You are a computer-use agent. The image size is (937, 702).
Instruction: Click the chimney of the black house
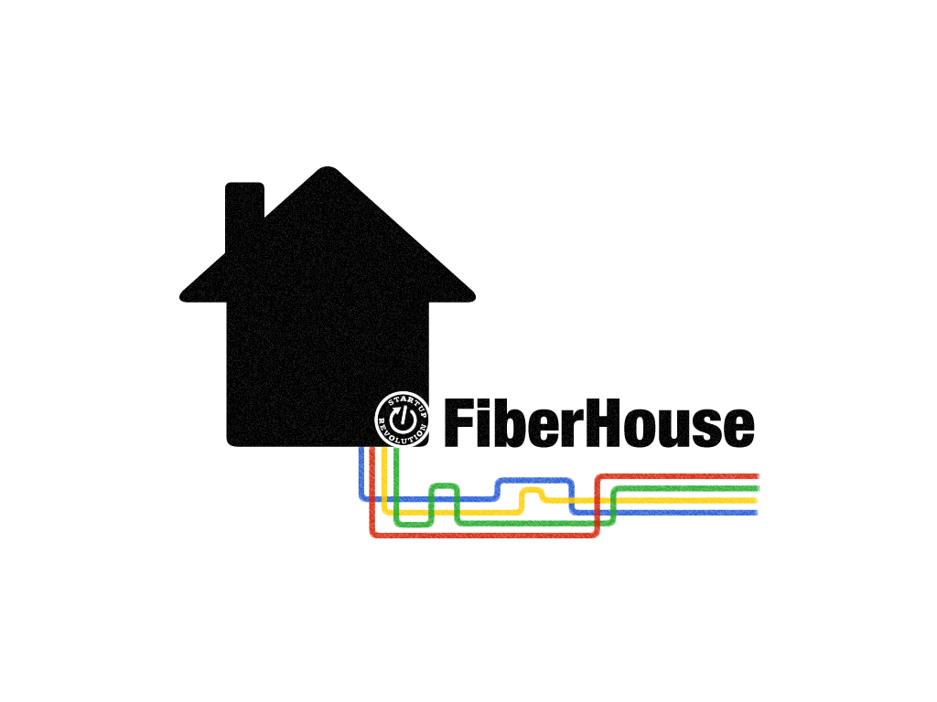point(244,208)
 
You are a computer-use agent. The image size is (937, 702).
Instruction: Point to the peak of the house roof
point(326,170)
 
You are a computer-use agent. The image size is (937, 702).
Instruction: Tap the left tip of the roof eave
point(184,294)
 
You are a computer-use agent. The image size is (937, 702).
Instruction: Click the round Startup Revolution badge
point(403,420)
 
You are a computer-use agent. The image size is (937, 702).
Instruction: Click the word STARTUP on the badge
point(407,403)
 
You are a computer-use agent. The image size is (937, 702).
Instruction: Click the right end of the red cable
point(757,476)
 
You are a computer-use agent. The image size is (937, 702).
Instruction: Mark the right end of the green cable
point(757,488)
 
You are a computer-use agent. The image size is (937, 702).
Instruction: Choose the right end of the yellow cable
point(757,500)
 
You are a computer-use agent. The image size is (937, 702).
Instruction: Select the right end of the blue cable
point(757,512)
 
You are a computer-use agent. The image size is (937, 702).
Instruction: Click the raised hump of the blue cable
point(533,480)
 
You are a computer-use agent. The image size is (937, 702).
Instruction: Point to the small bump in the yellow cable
point(532,491)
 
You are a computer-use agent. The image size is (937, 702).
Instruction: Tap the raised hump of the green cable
point(444,485)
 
